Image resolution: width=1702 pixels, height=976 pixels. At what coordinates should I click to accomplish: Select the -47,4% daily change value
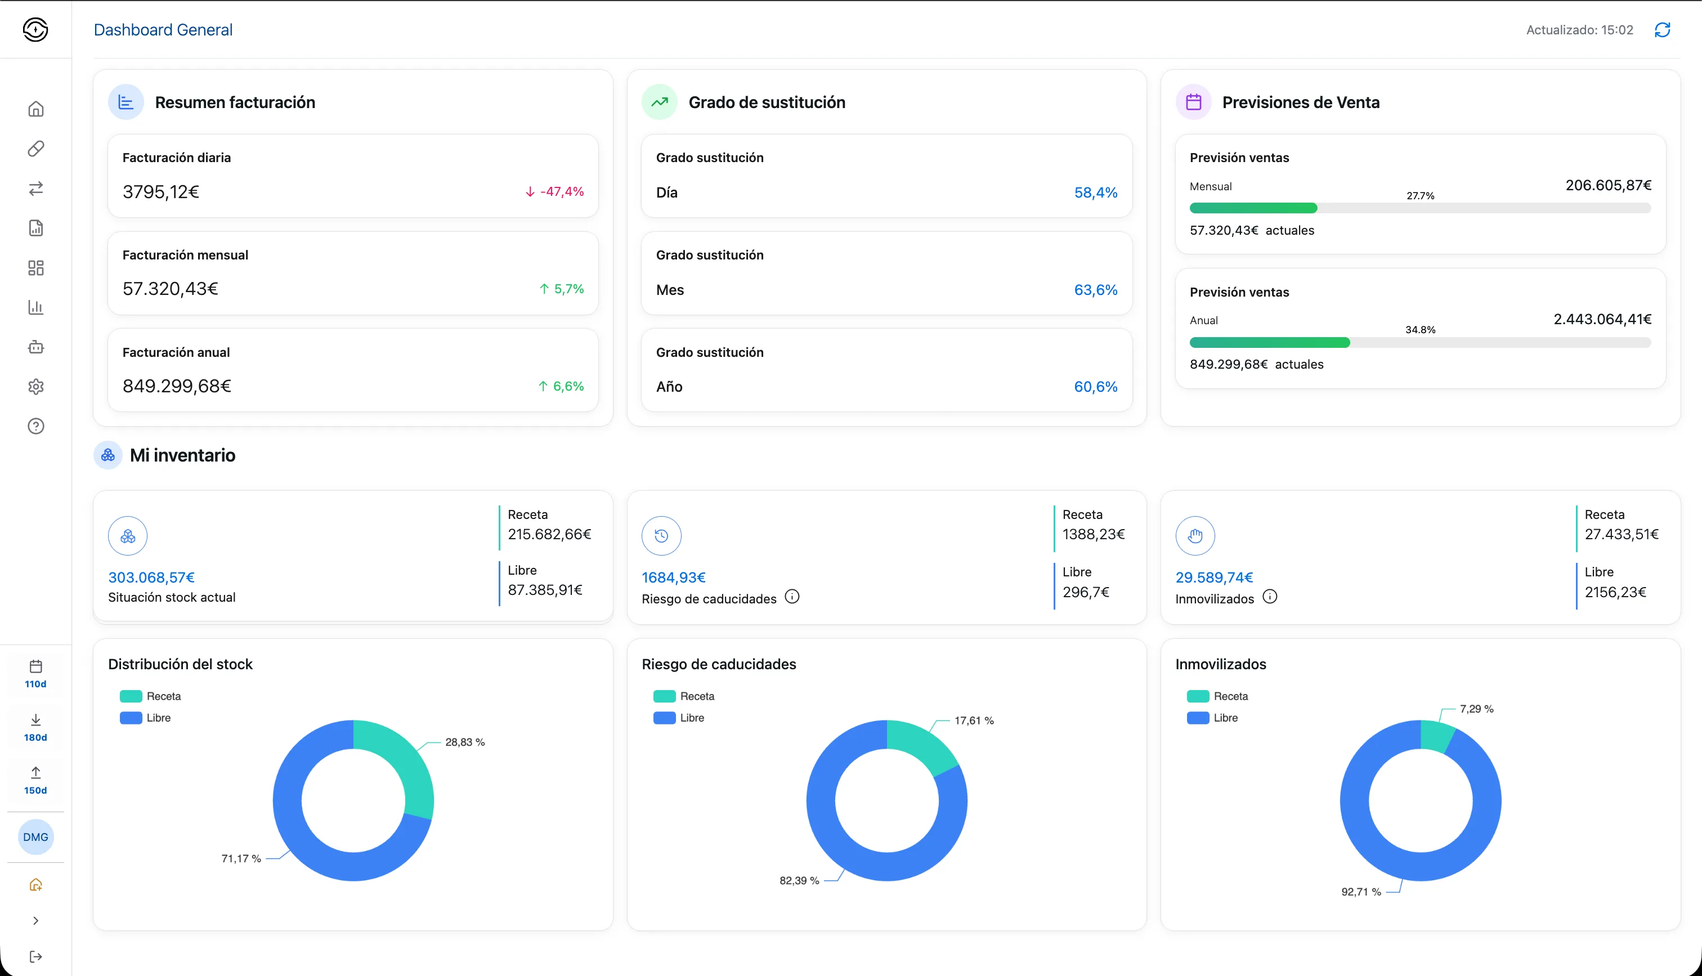tap(562, 192)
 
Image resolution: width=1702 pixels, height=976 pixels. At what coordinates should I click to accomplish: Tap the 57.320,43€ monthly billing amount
tap(170, 289)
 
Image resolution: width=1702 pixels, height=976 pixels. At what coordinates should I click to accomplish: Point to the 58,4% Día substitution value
tap(1096, 192)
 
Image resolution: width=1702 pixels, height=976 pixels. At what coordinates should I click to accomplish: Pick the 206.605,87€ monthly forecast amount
tap(1608, 185)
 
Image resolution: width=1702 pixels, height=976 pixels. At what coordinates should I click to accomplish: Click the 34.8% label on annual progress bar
tap(1420, 330)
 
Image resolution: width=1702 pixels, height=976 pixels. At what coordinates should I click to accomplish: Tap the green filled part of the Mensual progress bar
tap(1253, 208)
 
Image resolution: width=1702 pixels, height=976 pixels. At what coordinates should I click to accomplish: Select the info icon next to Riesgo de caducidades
tap(792, 597)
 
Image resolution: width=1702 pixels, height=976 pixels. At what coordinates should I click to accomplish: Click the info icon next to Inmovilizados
tap(1270, 597)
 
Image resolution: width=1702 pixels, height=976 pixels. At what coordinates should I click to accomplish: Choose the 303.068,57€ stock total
tap(151, 577)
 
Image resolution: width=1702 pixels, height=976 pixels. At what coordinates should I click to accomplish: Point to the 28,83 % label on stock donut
tap(465, 742)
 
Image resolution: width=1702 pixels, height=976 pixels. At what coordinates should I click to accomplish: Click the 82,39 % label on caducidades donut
tap(799, 880)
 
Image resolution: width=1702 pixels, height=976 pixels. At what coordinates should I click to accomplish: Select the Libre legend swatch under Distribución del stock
tap(131, 718)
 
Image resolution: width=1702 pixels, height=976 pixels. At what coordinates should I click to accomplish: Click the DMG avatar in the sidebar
tap(35, 836)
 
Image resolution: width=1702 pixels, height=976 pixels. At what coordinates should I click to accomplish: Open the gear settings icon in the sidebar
tap(36, 387)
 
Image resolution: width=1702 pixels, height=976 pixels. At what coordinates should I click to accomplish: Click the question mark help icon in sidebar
tap(36, 426)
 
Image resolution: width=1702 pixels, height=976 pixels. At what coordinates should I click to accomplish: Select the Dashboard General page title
tap(163, 30)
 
